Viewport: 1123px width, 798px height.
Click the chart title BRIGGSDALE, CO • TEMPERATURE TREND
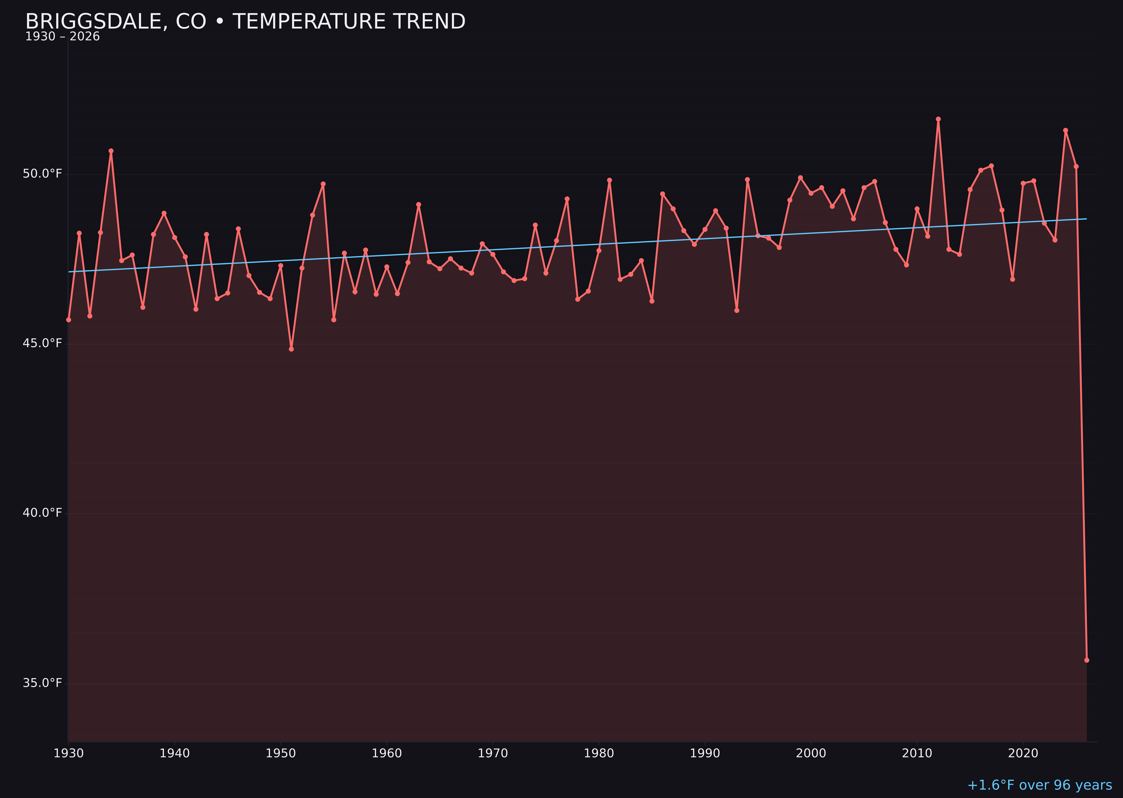click(245, 22)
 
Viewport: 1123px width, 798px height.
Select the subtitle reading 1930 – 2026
click(62, 37)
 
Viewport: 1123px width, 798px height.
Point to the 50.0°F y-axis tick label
click(42, 174)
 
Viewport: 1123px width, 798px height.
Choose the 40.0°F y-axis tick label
click(42, 513)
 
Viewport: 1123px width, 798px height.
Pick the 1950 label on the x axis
click(281, 753)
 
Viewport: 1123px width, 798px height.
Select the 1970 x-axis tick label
click(493, 753)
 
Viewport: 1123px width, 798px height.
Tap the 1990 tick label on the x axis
click(705, 753)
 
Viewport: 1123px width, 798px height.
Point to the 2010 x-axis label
click(917, 753)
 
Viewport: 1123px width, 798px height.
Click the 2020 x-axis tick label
click(1023, 753)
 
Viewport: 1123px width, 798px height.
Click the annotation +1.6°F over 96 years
click(1039, 785)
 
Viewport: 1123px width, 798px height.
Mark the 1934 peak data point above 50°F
click(111, 151)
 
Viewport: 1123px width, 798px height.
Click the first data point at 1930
click(69, 320)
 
